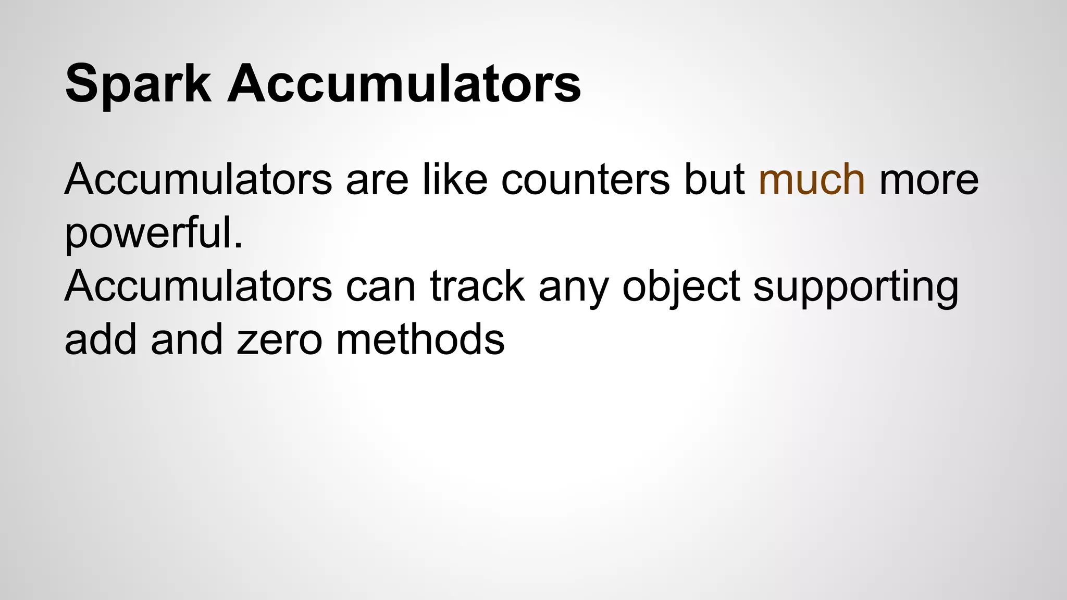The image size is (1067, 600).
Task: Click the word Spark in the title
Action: (x=138, y=83)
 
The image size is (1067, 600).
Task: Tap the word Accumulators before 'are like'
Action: (x=198, y=180)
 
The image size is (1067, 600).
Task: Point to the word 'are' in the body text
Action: (x=377, y=180)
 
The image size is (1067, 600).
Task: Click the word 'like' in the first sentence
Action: (x=454, y=180)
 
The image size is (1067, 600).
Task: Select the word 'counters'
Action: (x=586, y=180)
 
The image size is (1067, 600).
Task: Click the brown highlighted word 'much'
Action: (x=812, y=180)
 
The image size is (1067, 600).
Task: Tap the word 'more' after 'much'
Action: (x=929, y=180)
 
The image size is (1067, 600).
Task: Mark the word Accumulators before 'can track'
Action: (x=198, y=286)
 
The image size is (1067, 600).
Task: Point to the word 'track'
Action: (x=477, y=286)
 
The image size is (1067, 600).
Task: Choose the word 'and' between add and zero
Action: (x=186, y=340)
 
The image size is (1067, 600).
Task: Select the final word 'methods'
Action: (x=420, y=340)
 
